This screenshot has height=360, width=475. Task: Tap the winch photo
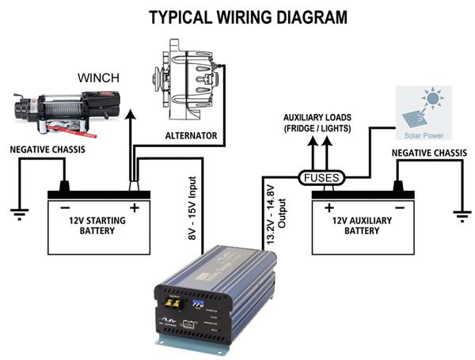66,110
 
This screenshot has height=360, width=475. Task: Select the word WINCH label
99,78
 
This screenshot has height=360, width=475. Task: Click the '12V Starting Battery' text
98,225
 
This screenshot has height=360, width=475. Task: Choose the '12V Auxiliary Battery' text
364,225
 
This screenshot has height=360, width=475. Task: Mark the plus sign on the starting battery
134,209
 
